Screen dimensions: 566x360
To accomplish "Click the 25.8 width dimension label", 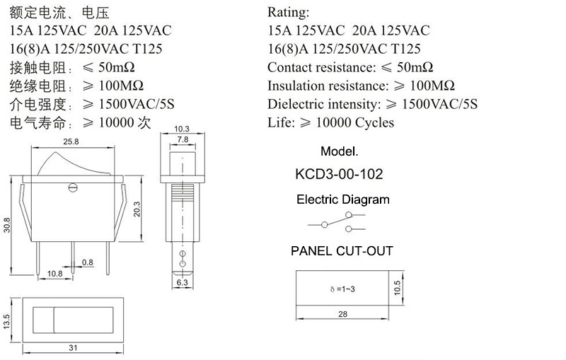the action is point(71,141).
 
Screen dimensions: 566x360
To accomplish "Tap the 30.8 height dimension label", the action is point(7,225).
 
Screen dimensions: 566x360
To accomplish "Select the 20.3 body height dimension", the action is point(137,209).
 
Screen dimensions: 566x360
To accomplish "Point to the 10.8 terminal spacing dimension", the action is point(55,274).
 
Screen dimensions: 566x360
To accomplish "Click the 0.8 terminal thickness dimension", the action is point(87,262).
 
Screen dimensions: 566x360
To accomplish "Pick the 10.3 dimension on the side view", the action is point(182,129).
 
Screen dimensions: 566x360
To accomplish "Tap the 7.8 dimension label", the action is point(183,139).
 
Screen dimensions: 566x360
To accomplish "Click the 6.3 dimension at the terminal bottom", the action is point(183,282).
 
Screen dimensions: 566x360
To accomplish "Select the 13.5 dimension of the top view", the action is point(6,321).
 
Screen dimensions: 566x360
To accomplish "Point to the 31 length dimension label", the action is point(73,348).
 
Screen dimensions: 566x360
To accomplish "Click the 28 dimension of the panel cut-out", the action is point(342,314).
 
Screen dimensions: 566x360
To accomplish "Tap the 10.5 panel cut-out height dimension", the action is point(397,288).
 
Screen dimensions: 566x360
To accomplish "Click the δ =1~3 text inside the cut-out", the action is point(342,289).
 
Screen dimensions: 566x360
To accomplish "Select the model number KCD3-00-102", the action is point(339,174).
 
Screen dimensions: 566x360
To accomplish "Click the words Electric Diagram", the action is point(343,199).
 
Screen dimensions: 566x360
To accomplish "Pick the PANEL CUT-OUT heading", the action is point(342,251).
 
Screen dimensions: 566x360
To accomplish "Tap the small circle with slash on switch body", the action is point(73,187).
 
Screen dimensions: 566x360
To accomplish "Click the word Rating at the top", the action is point(288,12).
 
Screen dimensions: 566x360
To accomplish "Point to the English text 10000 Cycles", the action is point(355,122).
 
